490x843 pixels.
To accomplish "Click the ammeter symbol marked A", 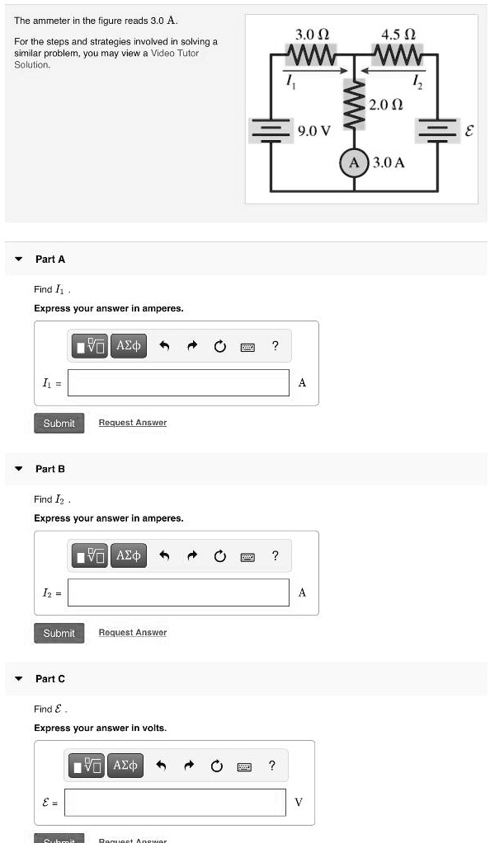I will [356, 162].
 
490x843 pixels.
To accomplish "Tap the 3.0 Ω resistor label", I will [312, 35].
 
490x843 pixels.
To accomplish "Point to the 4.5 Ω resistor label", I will [399, 35].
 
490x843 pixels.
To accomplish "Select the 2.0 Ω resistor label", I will [386, 104].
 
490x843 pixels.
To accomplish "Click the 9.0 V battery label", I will [314, 130].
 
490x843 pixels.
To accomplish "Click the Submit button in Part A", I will [59, 423].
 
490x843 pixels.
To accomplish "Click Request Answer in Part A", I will [132, 423].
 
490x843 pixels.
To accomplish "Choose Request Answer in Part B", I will [132, 633].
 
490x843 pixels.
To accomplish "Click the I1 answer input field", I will [179, 382].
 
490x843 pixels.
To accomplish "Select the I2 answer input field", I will [179, 592].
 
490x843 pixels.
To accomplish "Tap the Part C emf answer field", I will [176, 802].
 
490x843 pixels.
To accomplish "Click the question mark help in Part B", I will [276, 556].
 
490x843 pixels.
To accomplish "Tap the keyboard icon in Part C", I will [244, 767].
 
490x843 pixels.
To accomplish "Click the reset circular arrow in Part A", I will [219, 347].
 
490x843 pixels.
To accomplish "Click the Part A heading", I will [49, 259].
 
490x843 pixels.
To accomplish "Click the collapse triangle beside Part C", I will [18, 679].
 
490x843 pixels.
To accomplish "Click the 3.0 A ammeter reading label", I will [389, 162].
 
